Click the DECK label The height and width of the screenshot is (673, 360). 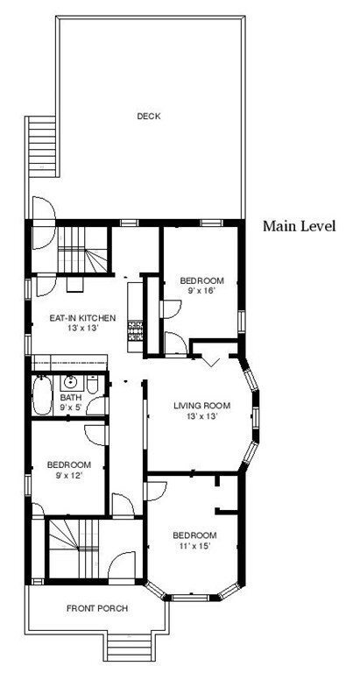(149, 116)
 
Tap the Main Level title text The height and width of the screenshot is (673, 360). (299, 226)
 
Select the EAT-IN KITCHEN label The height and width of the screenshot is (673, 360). (82, 318)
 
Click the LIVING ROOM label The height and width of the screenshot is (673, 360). (201, 406)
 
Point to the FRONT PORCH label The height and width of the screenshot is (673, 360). (97, 608)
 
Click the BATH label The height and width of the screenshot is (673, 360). (68, 397)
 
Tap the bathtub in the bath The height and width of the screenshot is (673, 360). (42, 395)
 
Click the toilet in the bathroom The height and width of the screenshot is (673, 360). (92, 384)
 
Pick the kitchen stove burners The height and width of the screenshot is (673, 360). (136, 330)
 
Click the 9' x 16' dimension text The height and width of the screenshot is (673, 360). (201, 290)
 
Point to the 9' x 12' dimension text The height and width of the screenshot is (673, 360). (68, 475)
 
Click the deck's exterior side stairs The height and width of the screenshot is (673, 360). (42, 146)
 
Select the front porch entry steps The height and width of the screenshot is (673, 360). (128, 647)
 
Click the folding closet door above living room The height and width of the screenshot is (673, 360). (211, 362)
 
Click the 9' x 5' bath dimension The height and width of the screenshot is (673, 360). (68, 406)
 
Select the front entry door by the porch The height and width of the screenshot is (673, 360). (122, 568)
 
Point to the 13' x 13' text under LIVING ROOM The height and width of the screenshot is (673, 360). (201, 415)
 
